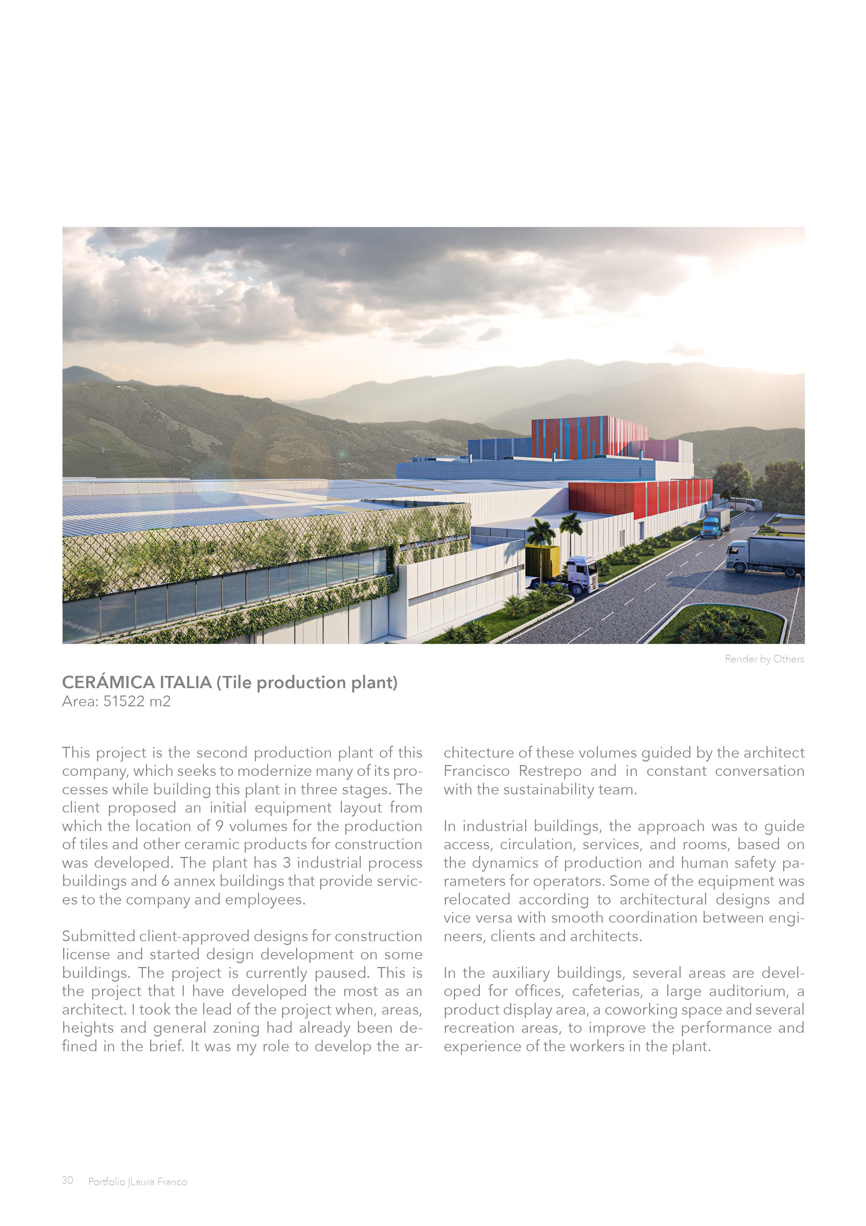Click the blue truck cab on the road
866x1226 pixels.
710,526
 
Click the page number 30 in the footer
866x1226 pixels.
67,1181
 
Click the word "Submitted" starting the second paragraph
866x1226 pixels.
98,936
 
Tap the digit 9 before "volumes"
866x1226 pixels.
219,826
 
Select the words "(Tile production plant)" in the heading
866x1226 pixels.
307,683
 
